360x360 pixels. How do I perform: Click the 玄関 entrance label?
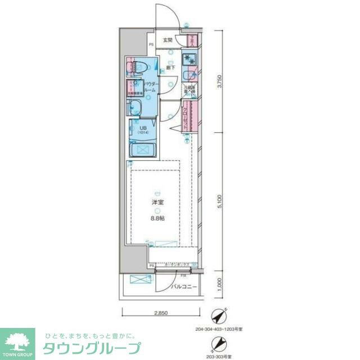coord(168,40)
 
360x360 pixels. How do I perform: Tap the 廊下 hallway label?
coord(170,67)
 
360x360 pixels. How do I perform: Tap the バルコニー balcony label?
coord(184,286)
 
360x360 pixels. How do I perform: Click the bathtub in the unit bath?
coord(143,150)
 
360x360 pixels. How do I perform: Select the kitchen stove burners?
coord(188,59)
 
